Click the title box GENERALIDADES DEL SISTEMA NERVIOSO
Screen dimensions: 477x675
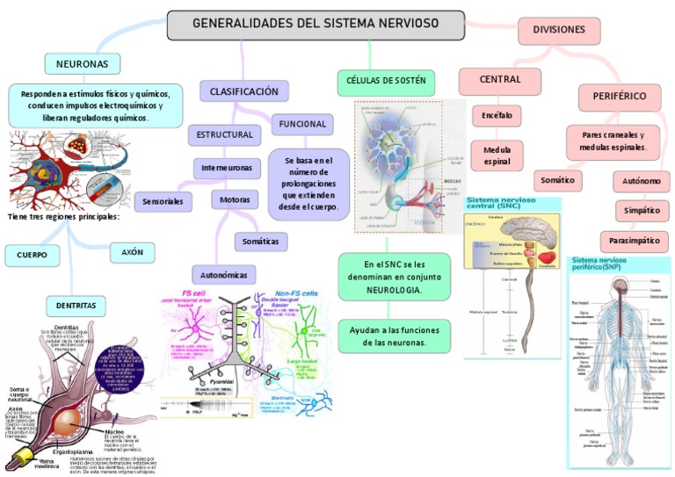pos(316,25)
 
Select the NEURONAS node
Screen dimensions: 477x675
pos(82,64)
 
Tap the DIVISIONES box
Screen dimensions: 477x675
pos(559,30)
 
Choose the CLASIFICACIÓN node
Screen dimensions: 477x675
pos(244,91)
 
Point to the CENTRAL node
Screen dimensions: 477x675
pos(499,80)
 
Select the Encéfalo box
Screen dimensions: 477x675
pos(497,115)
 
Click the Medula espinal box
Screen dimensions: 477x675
pos(497,155)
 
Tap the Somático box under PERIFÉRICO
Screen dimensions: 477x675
pos(558,180)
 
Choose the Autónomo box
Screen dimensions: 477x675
pos(642,182)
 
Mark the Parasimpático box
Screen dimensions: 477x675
pos(635,240)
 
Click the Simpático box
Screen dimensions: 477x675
pos(642,211)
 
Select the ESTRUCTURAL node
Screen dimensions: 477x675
pos(224,135)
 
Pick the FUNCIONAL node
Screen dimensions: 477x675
pos(302,124)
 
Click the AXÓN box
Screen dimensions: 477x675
pos(126,252)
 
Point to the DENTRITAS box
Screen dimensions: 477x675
pos(76,305)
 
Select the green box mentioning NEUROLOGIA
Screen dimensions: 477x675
pos(394,276)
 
